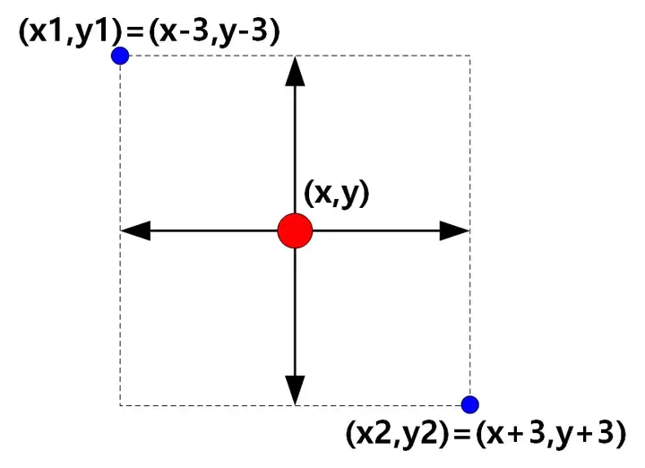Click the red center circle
(x=295, y=230)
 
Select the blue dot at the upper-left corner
(x=120, y=56)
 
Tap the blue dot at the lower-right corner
(x=469, y=404)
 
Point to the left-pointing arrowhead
(x=134, y=230)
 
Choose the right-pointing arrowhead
(x=455, y=230)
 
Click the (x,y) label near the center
(x=337, y=195)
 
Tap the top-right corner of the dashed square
(x=469, y=56)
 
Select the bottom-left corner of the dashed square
(x=120, y=404)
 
